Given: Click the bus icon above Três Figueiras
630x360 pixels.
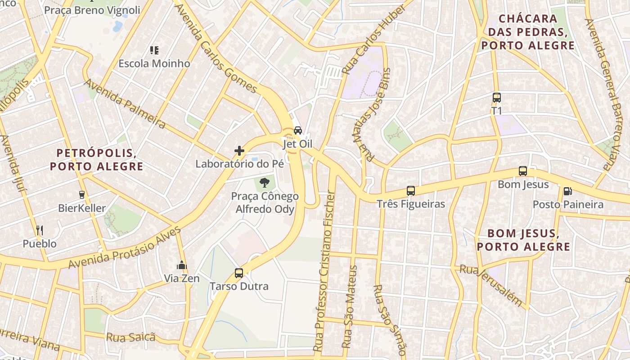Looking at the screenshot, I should (410, 190).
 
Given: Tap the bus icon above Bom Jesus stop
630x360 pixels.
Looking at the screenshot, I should (522, 171).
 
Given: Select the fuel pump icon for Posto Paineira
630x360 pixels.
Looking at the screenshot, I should (567, 191).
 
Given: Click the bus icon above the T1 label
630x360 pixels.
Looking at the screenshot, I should (496, 97).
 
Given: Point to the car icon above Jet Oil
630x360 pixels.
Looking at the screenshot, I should (297, 130).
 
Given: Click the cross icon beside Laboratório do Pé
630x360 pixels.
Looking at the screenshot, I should (239, 150).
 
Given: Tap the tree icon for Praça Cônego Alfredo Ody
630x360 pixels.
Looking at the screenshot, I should (265, 183).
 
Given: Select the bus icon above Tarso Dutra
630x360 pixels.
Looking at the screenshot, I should (239, 273).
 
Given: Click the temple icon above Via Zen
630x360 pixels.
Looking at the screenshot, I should (182, 265).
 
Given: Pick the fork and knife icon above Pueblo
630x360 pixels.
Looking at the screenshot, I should (40, 230).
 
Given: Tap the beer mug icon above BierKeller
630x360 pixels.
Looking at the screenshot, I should (82, 195).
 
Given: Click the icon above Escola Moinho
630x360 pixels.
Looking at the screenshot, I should (154, 50).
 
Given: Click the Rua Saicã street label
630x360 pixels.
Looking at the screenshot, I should (130, 337).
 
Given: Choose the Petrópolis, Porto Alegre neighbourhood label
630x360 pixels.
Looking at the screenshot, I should (96, 159).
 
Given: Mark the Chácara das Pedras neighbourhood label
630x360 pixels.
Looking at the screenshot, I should (528, 32).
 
